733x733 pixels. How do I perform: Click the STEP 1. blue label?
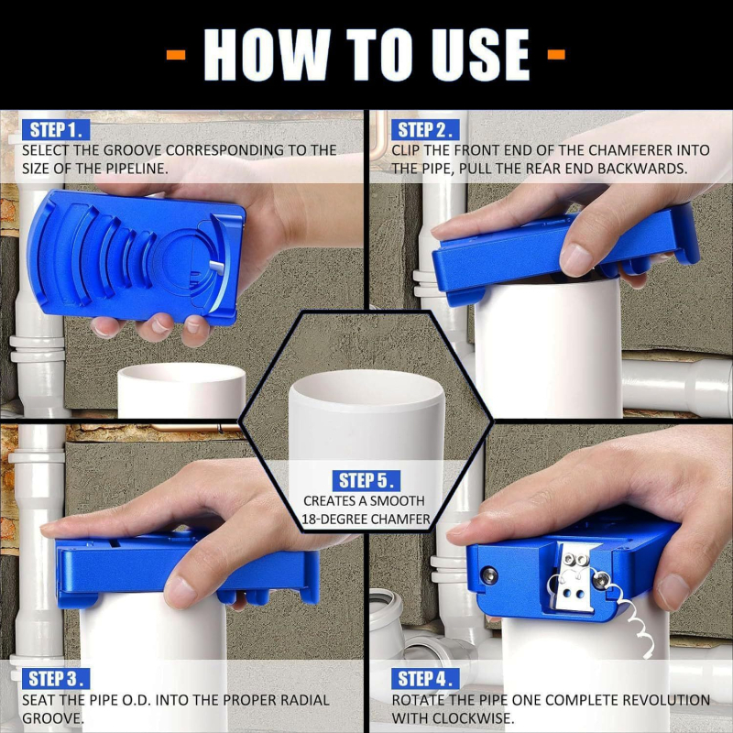(56, 130)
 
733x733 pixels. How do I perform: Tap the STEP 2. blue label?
(425, 130)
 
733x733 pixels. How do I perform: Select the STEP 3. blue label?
(56, 679)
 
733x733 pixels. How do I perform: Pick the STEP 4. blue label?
(425, 679)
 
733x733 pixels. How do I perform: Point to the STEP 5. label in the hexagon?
(366, 480)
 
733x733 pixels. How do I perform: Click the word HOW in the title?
(267, 55)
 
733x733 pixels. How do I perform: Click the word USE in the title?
(480, 55)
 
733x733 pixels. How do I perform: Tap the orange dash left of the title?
(176, 55)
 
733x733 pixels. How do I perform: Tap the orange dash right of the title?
(556, 55)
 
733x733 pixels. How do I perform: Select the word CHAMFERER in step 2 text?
(633, 150)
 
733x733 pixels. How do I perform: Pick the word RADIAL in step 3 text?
(305, 700)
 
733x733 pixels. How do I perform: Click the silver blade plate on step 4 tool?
(574, 577)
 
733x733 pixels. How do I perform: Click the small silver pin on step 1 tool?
(217, 267)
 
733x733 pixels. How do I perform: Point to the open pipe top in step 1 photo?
(181, 373)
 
